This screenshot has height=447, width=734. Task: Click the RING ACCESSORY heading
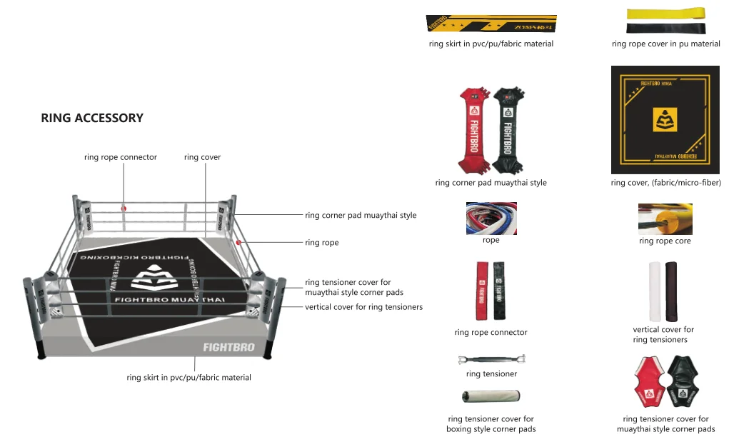pyautogui.click(x=92, y=119)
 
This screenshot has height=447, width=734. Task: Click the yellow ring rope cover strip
pyautogui.click(x=665, y=14)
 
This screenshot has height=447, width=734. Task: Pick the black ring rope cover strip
pyautogui.click(x=665, y=29)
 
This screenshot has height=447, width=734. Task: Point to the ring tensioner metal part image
pyautogui.click(x=491, y=358)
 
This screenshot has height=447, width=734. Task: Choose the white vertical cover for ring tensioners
pyautogui.click(x=655, y=291)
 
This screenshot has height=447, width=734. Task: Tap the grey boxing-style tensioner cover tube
pyautogui.click(x=491, y=396)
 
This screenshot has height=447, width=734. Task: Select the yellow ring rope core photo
pyautogui.click(x=665, y=219)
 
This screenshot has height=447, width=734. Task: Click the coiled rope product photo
pyautogui.click(x=491, y=219)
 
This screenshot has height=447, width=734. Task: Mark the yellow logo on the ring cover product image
pyautogui.click(x=665, y=121)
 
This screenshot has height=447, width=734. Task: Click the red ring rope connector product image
pyautogui.click(x=482, y=291)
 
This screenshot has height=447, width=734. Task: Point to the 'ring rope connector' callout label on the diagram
pyautogui.click(x=120, y=157)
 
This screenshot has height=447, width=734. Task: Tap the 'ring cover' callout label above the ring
pyautogui.click(x=202, y=157)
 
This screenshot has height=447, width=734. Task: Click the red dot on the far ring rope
pyautogui.click(x=124, y=209)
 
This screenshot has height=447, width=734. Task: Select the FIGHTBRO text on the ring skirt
pyautogui.click(x=228, y=348)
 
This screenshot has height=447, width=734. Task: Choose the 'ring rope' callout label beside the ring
pyautogui.click(x=321, y=243)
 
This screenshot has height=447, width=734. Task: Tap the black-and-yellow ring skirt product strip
pyautogui.click(x=491, y=24)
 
